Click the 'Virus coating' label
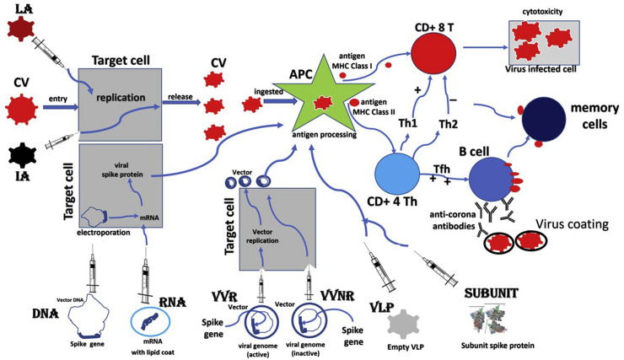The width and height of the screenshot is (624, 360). click(564, 226)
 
